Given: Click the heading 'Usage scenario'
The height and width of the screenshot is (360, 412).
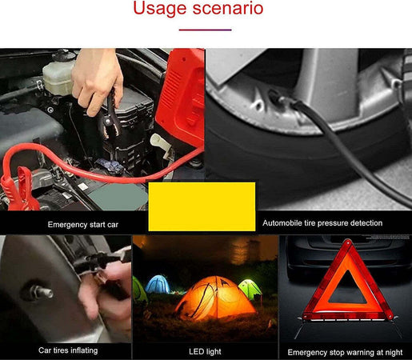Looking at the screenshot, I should click(197, 10).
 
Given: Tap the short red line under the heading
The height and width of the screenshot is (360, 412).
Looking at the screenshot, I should click(206, 30).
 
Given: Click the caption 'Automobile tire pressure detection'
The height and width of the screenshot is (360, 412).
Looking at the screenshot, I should click(322, 223).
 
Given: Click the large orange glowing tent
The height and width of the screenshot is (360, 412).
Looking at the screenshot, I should click(214, 297).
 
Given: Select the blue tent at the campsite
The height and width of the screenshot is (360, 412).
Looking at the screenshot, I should click(157, 286).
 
